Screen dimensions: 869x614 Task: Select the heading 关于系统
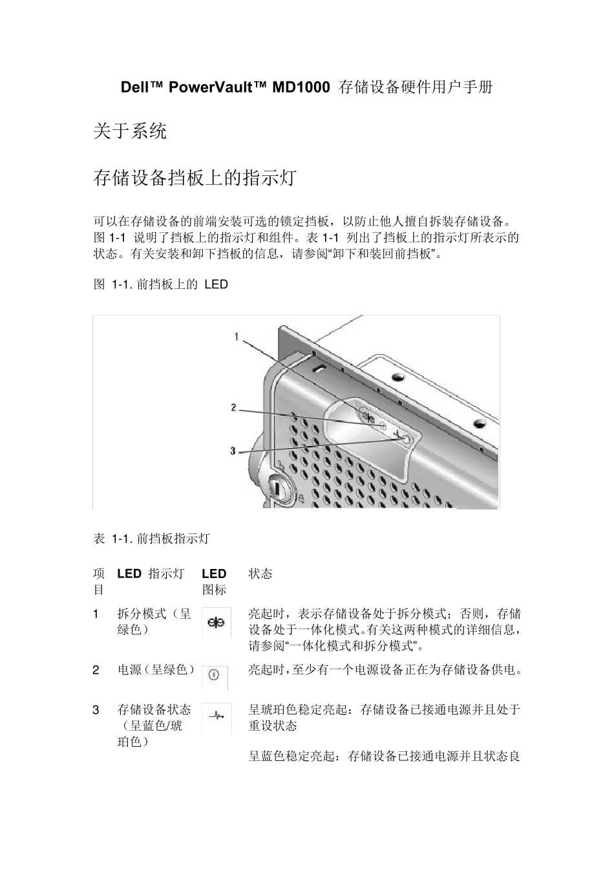tap(130, 132)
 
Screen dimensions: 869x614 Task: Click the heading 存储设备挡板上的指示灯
tap(195, 178)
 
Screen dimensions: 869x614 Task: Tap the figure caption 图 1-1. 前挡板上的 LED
tap(161, 284)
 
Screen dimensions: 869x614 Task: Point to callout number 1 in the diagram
tap(237, 336)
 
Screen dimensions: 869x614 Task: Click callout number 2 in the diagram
tap(233, 407)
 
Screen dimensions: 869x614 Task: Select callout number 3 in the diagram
tap(233, 451)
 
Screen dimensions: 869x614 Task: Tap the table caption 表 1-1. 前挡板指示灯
tap(152, 538)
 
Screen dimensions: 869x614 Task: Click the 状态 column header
tap(260, 574)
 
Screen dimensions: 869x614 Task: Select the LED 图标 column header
tap(215, 581)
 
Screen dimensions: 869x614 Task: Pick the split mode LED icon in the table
tap(216, 623)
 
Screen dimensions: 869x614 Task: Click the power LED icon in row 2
tap(215, 676)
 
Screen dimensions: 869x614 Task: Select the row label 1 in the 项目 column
tap(96, 614)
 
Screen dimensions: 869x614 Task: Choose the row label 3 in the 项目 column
tap(96, 710)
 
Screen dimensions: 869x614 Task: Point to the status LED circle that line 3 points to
tap(406, 438)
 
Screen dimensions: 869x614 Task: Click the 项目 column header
tap(98, 581)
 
